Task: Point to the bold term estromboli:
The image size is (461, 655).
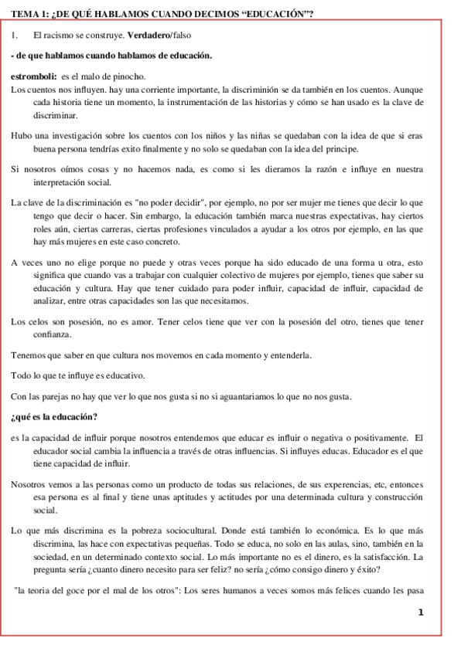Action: pos(34,76)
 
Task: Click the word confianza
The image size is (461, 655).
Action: pos(51,334)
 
